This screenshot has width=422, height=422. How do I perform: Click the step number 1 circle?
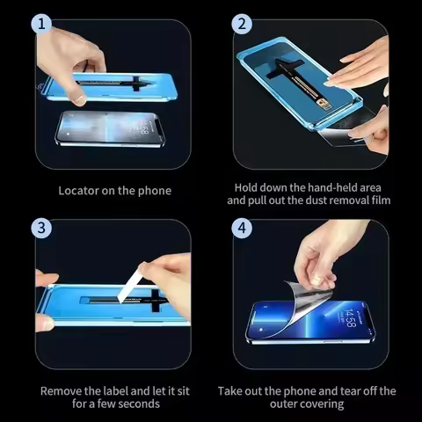(x=39, y=25)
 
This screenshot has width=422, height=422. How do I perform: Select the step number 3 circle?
(x=39, y=228)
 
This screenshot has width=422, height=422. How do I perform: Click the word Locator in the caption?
(x=79, y=191)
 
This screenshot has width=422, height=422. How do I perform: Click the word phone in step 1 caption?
(x=155, y=191)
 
